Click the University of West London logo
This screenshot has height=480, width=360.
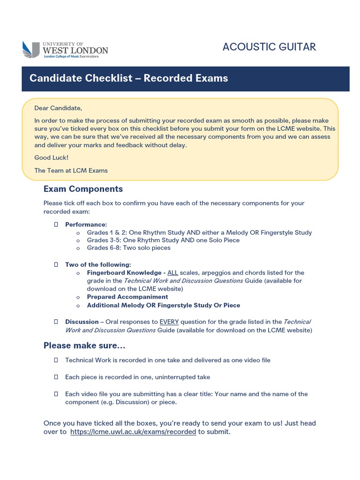pos(65,49)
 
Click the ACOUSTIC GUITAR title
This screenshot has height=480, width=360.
pos(269,47)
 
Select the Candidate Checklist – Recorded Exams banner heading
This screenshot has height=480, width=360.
pos(129,78)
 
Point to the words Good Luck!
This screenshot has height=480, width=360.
pos(51,158)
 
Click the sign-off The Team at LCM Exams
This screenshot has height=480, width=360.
pos(71,171)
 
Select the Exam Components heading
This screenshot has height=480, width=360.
pos(83,189)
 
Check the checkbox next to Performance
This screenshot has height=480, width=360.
pos(56,225)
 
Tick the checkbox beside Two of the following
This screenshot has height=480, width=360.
pos(56,264)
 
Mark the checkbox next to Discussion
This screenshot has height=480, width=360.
pos(56,322)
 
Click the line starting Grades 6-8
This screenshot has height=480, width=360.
pos(128,248)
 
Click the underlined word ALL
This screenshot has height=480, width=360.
pos(172,273)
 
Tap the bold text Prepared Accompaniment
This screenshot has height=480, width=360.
pos(127,297)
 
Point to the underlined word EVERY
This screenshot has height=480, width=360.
pos(169,322)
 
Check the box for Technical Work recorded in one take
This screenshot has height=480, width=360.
pos(56,360)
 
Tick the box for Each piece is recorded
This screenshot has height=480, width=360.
pos(56,377)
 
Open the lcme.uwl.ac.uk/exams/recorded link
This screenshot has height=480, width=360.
pos(133,432)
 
